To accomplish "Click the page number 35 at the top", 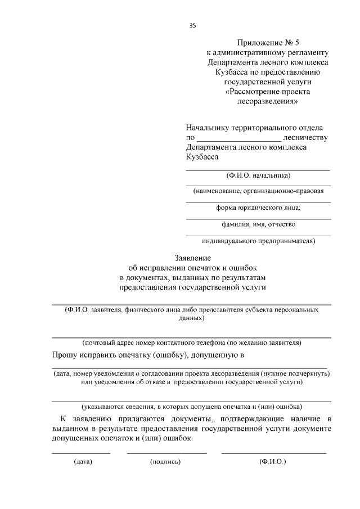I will (192, 25).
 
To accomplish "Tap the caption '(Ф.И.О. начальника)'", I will (258, 175).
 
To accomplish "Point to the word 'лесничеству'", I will (306, 137).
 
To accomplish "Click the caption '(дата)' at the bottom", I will (83, 462).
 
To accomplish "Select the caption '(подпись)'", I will (165, 462).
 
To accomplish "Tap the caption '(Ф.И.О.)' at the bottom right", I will (273, 462).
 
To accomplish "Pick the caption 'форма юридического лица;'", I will (258, 208).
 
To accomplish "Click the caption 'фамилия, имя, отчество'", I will (258, 224).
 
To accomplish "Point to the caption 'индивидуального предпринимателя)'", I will (258, 241).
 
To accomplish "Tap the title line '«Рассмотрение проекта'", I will (267, 92).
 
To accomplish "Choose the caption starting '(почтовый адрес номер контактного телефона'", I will (192, 342).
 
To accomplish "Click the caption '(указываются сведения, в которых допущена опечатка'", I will (192, 406).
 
